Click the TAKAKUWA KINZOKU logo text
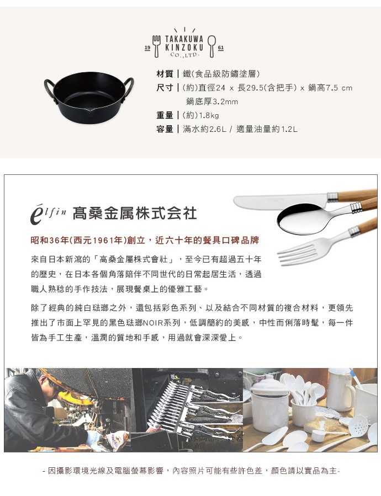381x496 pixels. [184, 44]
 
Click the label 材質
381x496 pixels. [165, 73]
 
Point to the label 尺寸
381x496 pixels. [165, 88]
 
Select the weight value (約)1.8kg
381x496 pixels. [200, 115]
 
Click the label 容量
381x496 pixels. [165, 129]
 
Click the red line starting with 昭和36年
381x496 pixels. [144, 241]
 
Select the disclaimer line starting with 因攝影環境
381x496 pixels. [191, 472]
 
